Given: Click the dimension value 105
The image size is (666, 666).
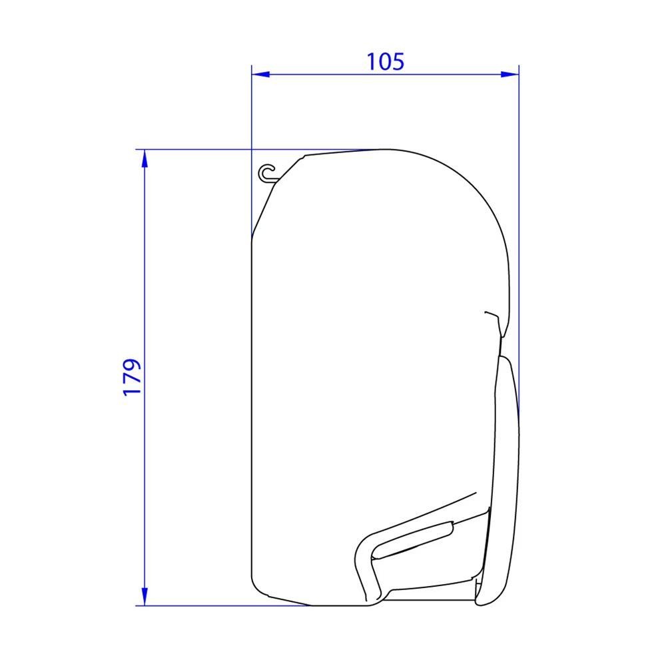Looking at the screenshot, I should [x=385, y=61].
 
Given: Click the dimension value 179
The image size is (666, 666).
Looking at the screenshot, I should [x=133, y=377].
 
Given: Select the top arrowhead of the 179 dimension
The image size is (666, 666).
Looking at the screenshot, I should [x=145, y=158].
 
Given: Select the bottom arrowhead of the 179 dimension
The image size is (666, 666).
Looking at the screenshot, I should [x=145, y=597].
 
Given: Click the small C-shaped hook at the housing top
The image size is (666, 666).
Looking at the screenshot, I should [x=267, y=172].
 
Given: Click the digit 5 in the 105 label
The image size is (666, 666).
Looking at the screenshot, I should [x=397, y=61].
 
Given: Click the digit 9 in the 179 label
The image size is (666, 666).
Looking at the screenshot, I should [x=133, y=366].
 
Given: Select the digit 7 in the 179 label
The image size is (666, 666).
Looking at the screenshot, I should [x=133, y=377].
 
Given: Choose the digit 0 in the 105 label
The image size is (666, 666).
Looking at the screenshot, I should [x=385, y=61].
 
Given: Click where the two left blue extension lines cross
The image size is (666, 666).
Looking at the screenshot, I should [x=252, y=149].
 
